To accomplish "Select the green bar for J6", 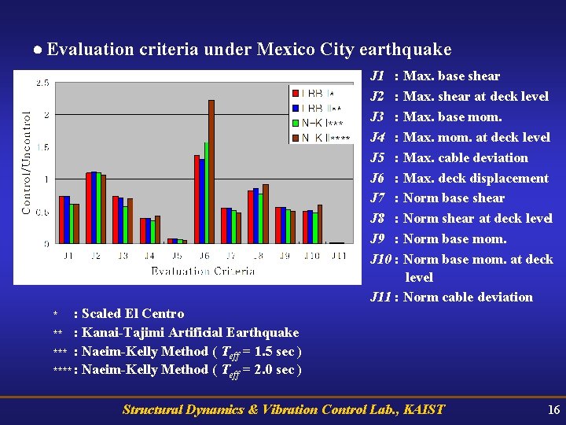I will coord(206,193).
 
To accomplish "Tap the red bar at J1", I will coord(61,220).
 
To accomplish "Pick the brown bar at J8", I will coord(266,214).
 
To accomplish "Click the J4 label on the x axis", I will coord(149,255).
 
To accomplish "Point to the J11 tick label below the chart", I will coord(338,255).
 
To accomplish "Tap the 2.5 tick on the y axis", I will coord(43,83).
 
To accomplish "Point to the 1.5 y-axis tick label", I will coord(43,147).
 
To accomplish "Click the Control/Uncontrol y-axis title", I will coord(27,161).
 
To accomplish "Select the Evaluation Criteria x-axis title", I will coord(203,271).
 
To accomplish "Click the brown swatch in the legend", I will coord(294,138).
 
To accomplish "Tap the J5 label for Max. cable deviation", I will coord(377,157).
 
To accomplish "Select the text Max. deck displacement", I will coord(476,178).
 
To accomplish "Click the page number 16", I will coord(553,409).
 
